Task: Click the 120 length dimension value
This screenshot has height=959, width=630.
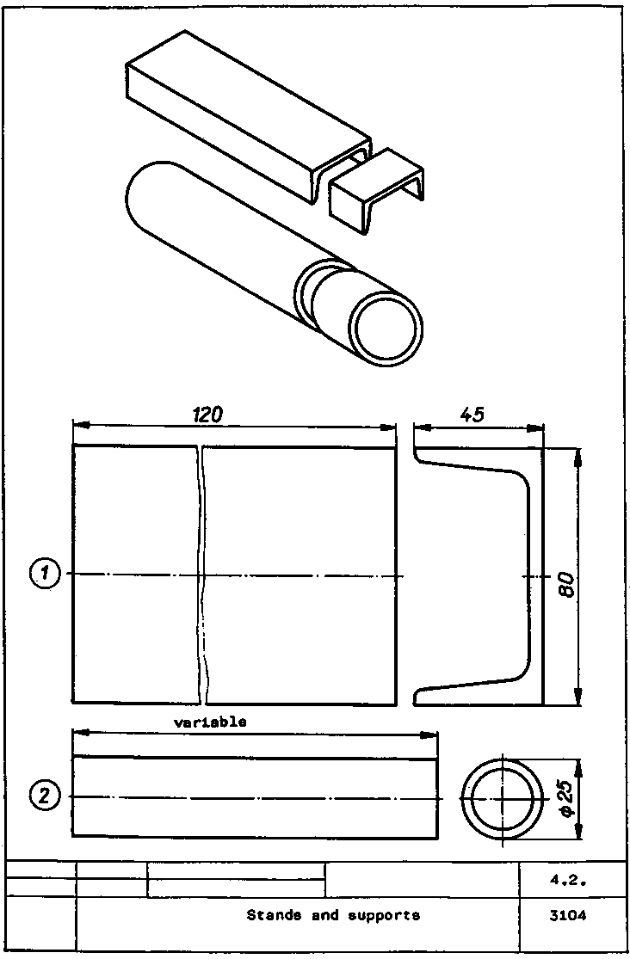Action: [208, 415]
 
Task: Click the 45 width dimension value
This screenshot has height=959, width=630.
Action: [472, 415]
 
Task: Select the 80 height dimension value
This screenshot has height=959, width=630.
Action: [566, 586]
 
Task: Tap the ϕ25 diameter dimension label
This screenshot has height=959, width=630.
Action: [566, 799]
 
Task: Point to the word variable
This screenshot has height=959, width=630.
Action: [210, 722]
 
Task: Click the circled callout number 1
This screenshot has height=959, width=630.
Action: [45, 574]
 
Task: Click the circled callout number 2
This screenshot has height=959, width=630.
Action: [45, 796]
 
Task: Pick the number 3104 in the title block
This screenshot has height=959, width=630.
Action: [567, 916]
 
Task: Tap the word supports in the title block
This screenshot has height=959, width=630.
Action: [384, 916]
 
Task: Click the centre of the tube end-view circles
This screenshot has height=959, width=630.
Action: [502, 799]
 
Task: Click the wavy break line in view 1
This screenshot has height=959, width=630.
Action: [202, 575]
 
